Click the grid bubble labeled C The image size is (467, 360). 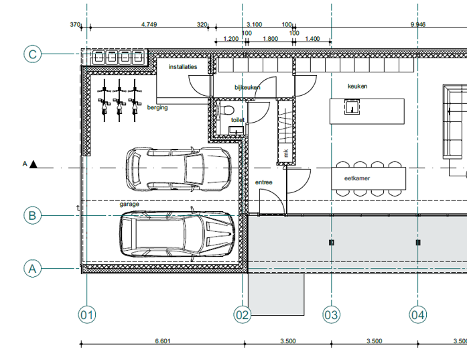coord(32,54)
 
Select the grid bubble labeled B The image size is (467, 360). coord(32,215)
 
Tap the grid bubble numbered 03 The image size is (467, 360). coord(332,314)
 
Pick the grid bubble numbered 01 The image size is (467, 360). coord(87,314)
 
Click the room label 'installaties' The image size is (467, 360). coord(183,67)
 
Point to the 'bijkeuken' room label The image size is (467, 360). coord(247,87)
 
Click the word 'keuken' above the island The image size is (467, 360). coord(357,86)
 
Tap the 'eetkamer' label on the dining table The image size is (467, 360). coord(357,178)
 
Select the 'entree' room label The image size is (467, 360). coord(263,182)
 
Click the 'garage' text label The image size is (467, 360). coord(129,204)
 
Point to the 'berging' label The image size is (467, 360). coord(157,107)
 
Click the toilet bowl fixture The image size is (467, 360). coord(228,110)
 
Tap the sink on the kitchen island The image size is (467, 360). coord(352,107)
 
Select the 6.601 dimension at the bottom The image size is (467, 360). coord(163,341)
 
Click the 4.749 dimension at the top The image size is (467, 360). coord(149,24)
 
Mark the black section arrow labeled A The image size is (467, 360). coord(34,164)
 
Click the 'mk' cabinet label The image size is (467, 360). coord(286,153)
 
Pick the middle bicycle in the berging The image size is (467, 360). coord(119,101)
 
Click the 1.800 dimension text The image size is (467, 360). coord(271,39)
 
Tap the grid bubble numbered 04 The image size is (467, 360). coord(418,314)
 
